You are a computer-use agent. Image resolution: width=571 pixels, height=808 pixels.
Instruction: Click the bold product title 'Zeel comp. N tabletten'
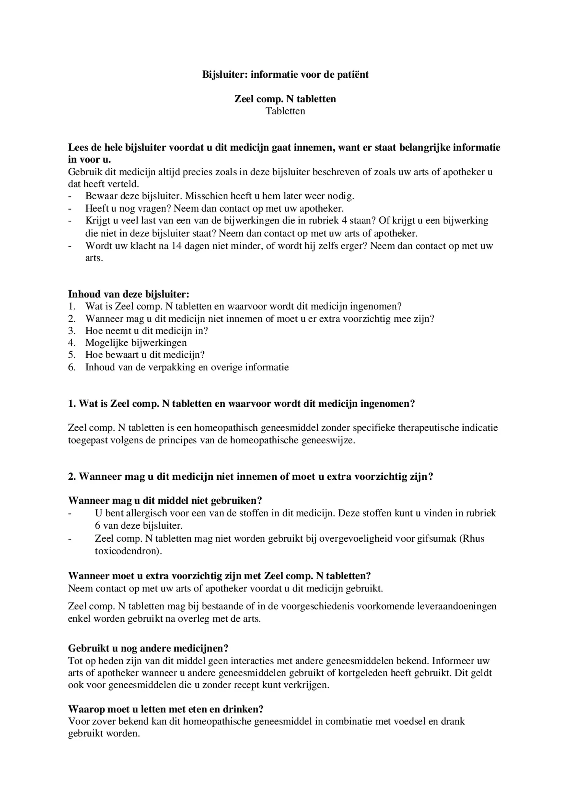pos(285,99)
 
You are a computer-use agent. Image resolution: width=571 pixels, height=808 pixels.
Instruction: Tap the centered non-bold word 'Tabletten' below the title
pos(285,111)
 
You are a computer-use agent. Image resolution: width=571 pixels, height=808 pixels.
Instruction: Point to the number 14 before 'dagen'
pos(177,246)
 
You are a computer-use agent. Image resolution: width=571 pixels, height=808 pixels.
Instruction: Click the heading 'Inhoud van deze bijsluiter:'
pos(128,294)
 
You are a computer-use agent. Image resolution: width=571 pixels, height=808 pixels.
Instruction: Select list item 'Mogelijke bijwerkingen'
pos(136,343)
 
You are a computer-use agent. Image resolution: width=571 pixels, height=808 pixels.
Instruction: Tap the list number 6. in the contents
pos(72,368)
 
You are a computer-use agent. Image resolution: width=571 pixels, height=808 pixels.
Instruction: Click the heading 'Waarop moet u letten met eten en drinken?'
pos(165,709)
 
